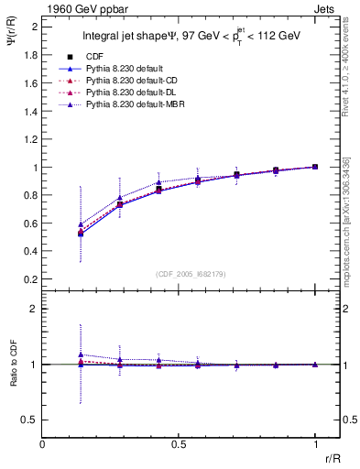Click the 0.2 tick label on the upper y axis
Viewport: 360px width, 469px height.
pyautogui.click(x=30, y=279)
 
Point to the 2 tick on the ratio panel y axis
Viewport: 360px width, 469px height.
pyautogui.click(x=34, y=310)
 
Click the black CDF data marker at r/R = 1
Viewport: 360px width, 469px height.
pyautogui.click(x=315, y=167)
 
